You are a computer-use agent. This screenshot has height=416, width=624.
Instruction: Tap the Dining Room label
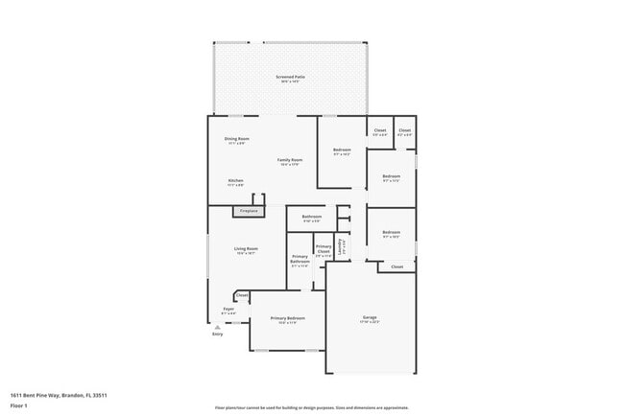point(236,139)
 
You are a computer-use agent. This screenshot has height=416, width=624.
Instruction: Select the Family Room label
point(290,160)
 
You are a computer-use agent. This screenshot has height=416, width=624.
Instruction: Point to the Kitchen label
point(235,181)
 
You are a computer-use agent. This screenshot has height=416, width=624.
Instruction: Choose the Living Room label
point(246,249)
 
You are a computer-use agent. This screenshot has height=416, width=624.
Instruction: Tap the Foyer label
point(228,310)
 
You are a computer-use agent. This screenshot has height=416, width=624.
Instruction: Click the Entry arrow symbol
point(217,326)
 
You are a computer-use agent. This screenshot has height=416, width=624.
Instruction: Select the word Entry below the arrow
point(217,334)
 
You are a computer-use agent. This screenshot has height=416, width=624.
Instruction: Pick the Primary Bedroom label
point(287,317)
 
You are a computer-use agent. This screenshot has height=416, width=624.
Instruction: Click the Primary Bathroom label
point(300,260)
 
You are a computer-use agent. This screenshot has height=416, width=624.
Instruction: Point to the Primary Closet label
point(324,251)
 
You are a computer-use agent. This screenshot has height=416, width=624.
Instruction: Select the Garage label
point(370,317)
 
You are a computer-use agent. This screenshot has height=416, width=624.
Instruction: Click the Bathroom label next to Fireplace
point(311,217)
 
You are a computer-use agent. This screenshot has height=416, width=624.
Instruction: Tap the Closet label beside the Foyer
point(241,296)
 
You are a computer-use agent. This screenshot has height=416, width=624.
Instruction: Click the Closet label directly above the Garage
point(396,267)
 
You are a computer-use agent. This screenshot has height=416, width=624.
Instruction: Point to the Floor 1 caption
point(19,405)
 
